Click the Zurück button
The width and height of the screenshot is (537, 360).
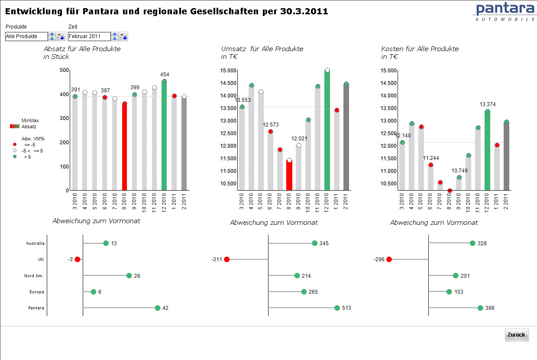click(516, 335)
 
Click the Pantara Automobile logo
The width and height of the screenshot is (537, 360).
click(505, 11)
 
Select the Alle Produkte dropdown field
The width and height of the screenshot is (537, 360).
click(26, 37)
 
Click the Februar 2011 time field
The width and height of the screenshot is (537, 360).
click(89, 37)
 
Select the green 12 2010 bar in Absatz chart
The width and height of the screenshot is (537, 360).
click(164, 139)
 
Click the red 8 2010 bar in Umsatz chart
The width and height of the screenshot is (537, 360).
click(289, 175)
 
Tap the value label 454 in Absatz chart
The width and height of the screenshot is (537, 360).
click(165, 75)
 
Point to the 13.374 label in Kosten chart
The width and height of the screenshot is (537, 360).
click(488, 104)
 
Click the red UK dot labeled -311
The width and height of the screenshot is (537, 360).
click(226, 259)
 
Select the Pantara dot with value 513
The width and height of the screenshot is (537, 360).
click(337, 308)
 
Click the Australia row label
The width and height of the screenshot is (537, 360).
click(35, 243)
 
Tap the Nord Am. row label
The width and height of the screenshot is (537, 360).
click(34, 276)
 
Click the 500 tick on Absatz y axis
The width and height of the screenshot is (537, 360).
click(64, 70)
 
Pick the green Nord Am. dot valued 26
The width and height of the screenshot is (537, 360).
click(129, 276)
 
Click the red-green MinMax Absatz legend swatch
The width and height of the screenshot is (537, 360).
click(15, 126)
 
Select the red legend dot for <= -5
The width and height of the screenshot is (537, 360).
click(15, 144)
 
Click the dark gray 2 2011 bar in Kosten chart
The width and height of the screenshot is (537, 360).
click(506, 156)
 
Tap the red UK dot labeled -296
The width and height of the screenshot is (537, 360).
click(389, 259)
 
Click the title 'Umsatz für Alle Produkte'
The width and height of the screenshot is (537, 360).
click(262, 49)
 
